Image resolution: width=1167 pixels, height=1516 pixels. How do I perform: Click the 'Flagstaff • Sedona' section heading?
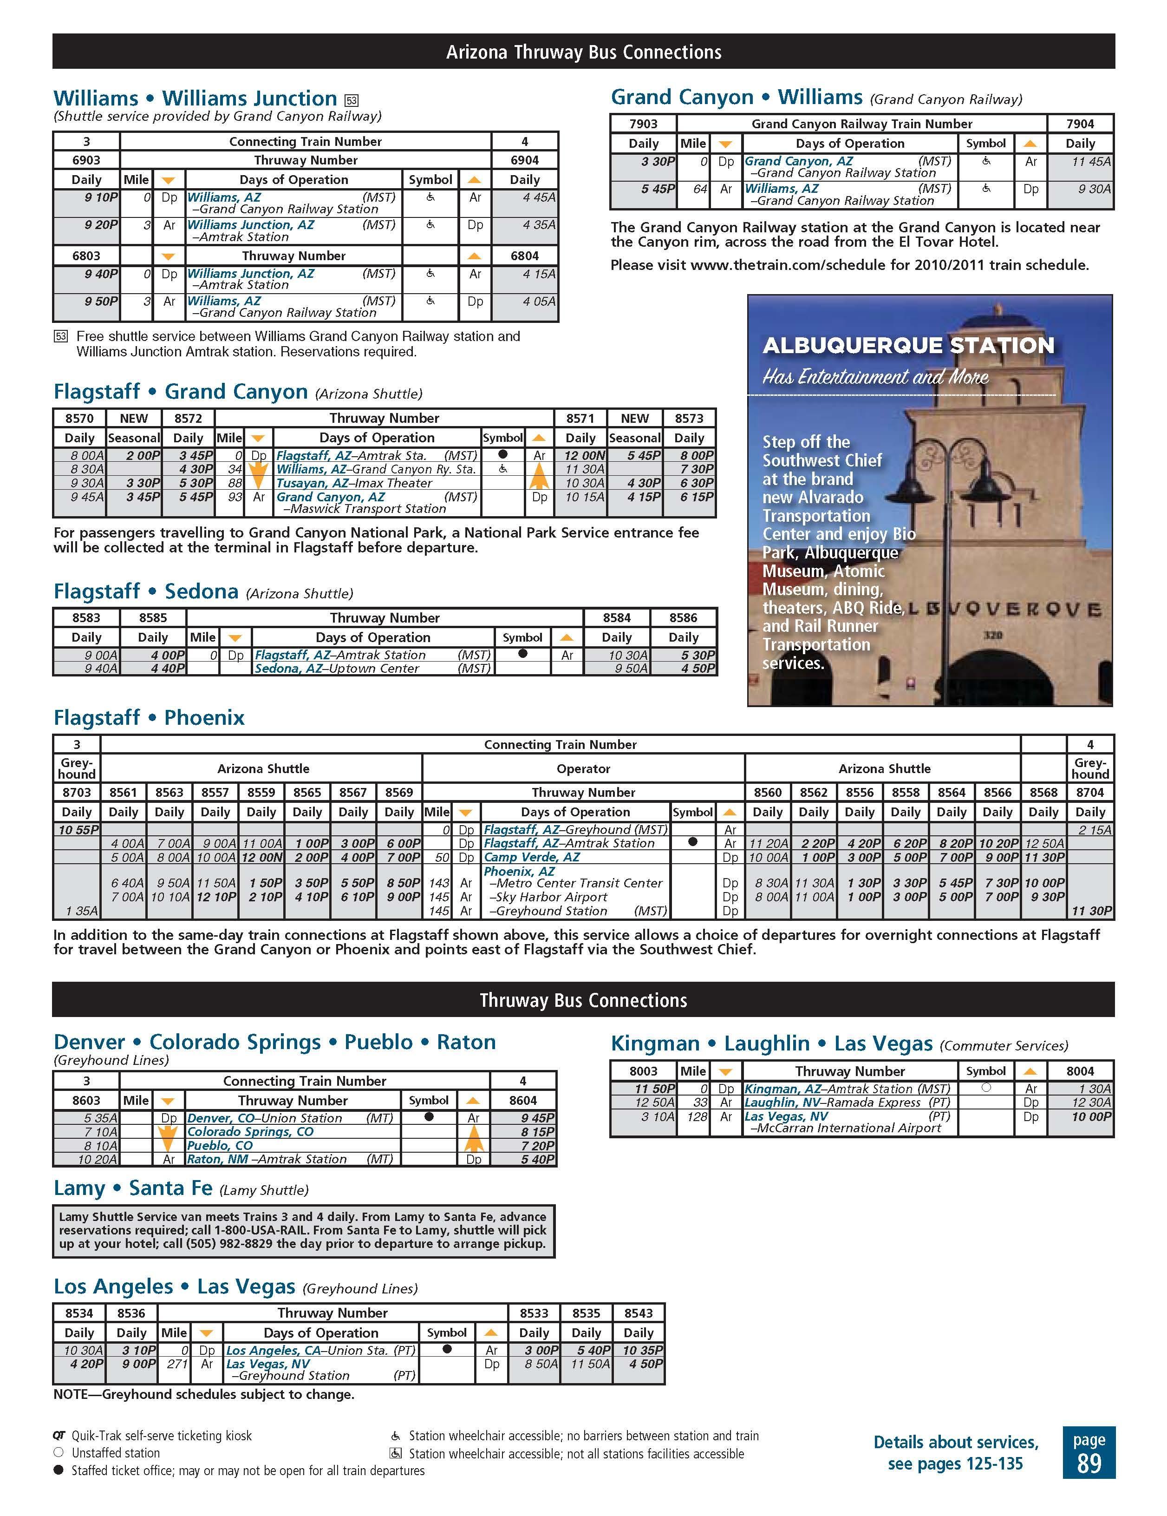point(146,591)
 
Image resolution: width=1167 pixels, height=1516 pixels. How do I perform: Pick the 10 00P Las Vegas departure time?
point(1091,1117)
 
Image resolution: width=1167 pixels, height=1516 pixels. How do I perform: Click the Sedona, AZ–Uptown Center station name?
point(337,669)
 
